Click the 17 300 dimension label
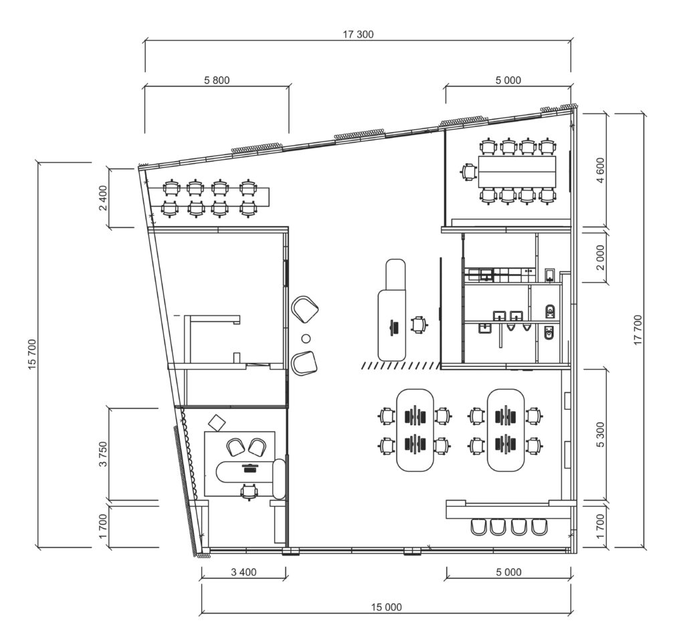(x=358, y=35)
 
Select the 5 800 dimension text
(x=217, y=80)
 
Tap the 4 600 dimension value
(x=601, y=170)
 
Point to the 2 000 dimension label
(x=601, y=257)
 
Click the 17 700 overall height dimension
(x=638, y=330)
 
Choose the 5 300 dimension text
(x=601, y=434)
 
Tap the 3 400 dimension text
(x=243, y=572)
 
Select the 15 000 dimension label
(x=386, y=607)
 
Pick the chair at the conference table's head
(x=468, y=172)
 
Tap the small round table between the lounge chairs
(x=306, y=338)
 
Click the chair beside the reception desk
(x=419, y=324)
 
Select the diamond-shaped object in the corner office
(x=217, y=423)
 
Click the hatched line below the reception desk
(x=400, y=366)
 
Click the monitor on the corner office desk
(x=250, y=467)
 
